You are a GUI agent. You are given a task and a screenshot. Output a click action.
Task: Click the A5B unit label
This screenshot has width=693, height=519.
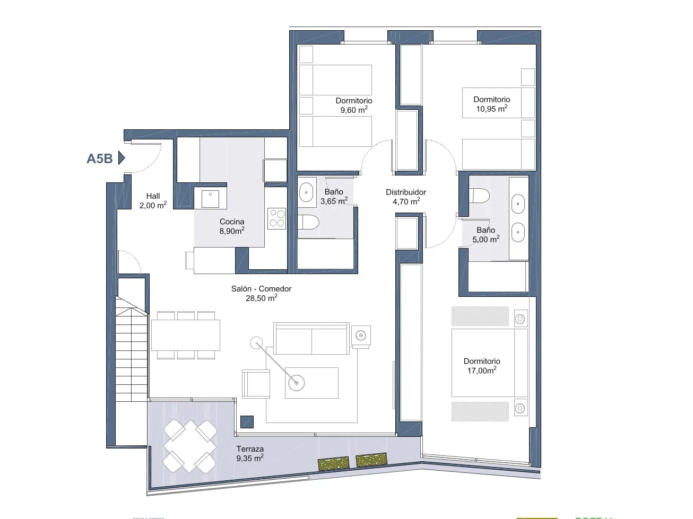tap(99, 158)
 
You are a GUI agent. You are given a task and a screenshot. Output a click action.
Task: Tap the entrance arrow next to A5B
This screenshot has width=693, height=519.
tap(121, 158)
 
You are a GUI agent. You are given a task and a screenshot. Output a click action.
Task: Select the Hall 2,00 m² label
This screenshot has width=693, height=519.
tap(153, 201)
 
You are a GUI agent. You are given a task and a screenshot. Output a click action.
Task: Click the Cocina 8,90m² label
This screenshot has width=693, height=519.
tap(232, 226)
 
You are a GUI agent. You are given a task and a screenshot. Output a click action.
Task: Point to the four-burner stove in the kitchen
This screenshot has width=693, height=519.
tap(276, 217)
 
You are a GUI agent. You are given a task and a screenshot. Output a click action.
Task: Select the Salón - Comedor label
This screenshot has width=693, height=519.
tap(261, 293)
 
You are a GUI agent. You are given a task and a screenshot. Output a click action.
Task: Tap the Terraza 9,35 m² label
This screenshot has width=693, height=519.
tap(250, 454)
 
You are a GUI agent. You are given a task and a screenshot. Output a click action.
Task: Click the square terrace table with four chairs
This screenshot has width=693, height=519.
tap(189, 445)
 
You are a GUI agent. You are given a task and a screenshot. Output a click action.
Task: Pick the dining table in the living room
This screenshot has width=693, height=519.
tap(185, 335)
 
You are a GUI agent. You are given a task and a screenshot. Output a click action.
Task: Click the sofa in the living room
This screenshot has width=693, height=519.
tap(311, 338)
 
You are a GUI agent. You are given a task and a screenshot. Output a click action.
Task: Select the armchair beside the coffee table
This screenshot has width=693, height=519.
tap(256, 383)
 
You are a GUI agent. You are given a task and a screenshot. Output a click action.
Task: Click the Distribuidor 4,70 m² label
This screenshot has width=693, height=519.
tap(406, 197)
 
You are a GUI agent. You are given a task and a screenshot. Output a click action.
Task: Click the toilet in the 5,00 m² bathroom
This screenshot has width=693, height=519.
tap(479, 196)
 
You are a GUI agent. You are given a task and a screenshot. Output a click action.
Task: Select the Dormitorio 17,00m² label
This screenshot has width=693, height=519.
tap(482, 366)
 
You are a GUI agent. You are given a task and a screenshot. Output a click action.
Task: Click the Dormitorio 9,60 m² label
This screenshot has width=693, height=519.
tap(354, 105)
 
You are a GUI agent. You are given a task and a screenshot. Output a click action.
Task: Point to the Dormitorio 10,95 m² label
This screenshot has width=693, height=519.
tap(492, 104)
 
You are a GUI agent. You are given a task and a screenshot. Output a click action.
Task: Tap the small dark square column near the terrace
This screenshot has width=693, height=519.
tap(247, 421)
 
